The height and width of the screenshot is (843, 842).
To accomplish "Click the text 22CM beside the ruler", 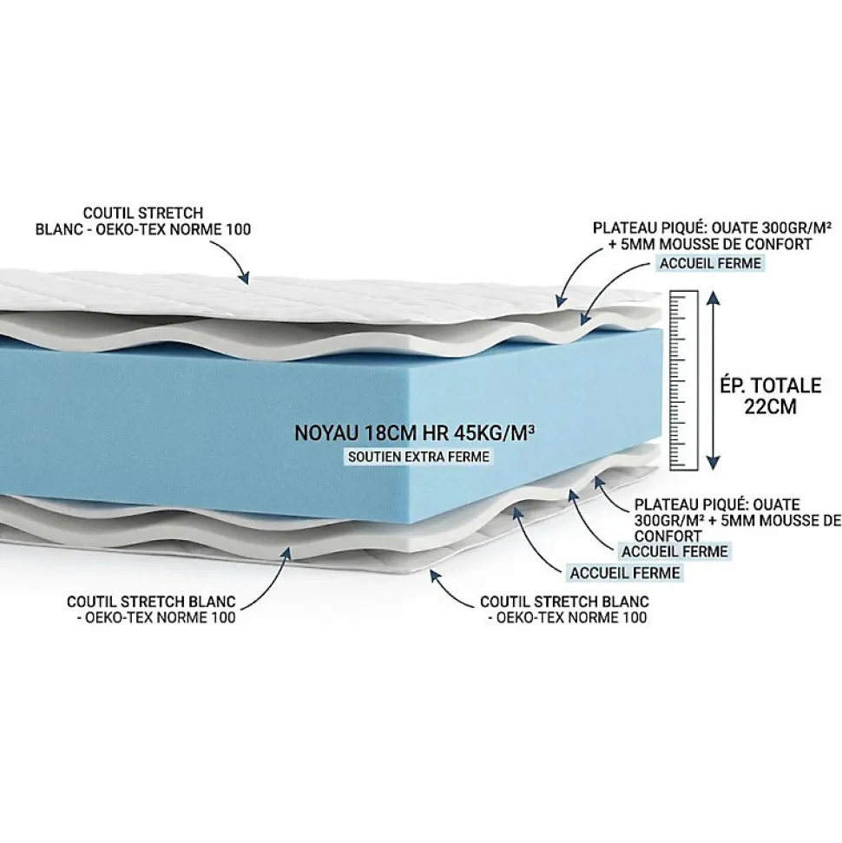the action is click(770, 406).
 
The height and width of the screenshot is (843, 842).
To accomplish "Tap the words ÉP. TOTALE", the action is click(771, 385).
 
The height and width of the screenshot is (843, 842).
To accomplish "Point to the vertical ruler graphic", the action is click(683, 380).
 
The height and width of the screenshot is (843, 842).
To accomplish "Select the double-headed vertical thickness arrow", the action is click(713, 380).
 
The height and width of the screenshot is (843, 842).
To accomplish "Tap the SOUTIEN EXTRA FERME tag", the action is click(418, 457).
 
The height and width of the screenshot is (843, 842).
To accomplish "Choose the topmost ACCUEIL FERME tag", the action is click(710, 263).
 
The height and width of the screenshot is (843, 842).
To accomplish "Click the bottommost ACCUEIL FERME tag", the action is click(625, 573).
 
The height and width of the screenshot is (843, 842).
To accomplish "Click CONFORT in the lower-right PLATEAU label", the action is click(668, 536).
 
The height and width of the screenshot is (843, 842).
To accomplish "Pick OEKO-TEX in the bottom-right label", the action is click(530, 617).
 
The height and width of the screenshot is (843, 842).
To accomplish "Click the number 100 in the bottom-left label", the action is click(223, 617).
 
